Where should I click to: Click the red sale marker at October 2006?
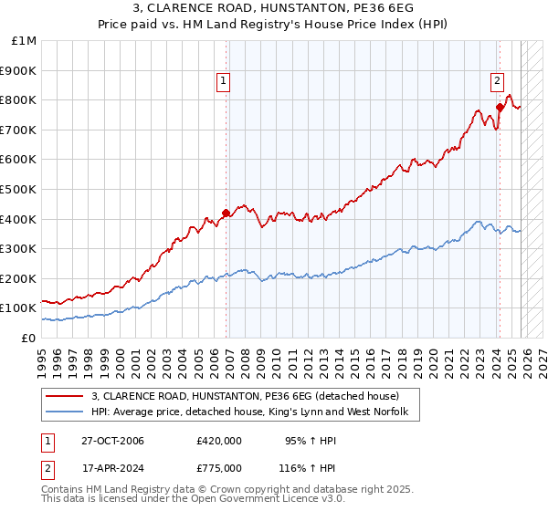point(227,213)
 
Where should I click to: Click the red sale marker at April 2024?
point(500,107)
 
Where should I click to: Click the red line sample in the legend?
point(65,396)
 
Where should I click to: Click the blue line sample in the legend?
point(65,412)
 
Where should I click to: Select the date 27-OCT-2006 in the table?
point(112,441)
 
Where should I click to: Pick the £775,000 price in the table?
point(219,467)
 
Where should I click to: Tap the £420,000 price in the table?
point(219,441)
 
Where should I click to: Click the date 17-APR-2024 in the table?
point(112,467)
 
